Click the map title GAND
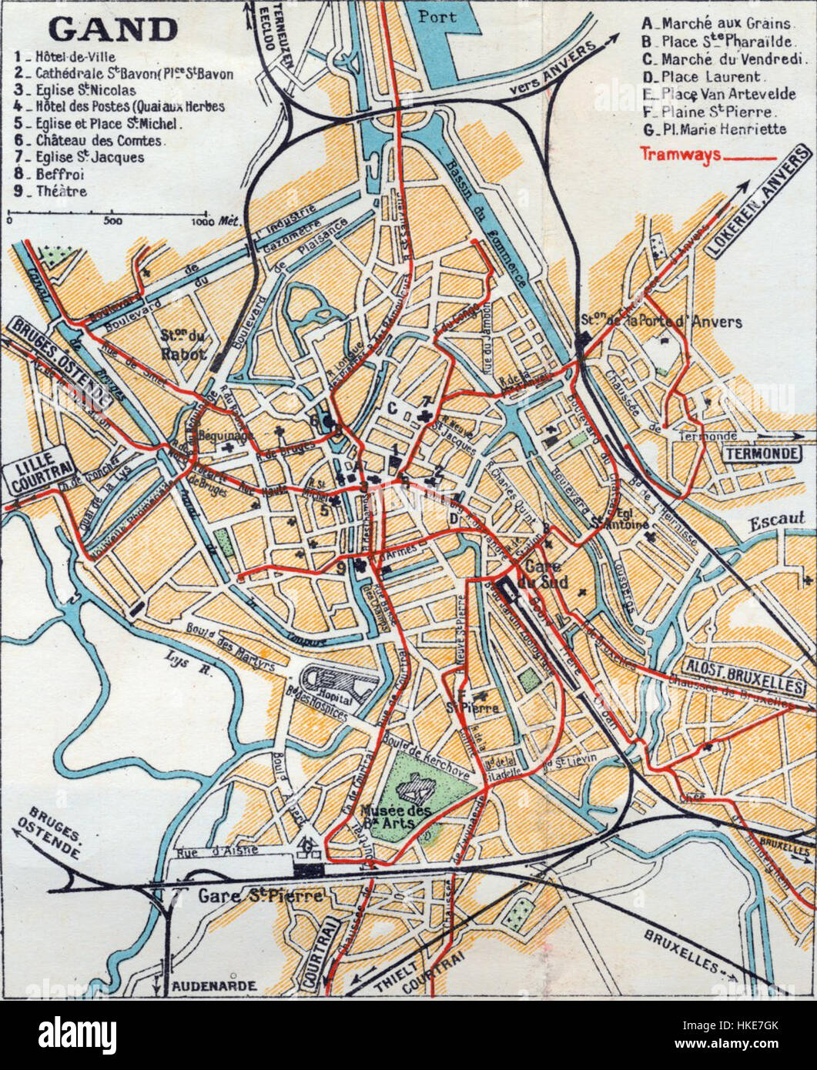click(x=113, y=29)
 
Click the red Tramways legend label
click(x=680, y=154)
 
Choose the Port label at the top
click(x=437, y=15)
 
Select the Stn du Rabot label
click(x=183, y=345)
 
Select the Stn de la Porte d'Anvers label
click(x=661, y=322)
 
